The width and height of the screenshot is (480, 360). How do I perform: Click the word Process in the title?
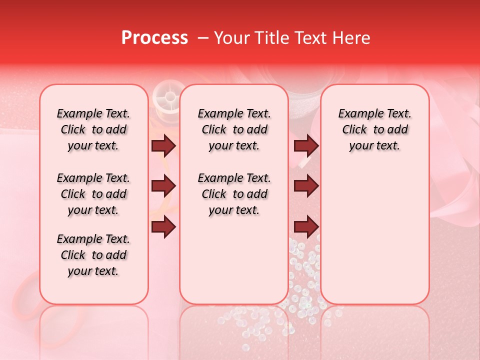pos(154,38)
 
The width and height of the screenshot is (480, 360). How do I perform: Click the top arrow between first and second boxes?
pos(163,146)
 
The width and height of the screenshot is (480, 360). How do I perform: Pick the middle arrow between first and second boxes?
pos(163,186)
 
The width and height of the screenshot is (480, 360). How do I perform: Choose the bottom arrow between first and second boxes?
pos(163,227)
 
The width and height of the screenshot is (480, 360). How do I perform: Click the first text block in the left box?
pos(93,130)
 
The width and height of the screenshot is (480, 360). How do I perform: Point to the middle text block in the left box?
pos(93,194)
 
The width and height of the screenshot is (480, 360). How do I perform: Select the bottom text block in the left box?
pos(93,255)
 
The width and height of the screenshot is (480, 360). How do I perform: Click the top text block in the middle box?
pos(234,130)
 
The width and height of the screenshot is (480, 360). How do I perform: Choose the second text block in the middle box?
pos(234,194)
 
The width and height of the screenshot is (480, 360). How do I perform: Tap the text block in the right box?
pos(375,130)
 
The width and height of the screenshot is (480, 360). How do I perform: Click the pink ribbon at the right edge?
pos(452,165)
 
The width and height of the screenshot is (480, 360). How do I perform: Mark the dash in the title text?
pos(203,38)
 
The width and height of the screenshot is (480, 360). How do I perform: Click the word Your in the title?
pos(229,38)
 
